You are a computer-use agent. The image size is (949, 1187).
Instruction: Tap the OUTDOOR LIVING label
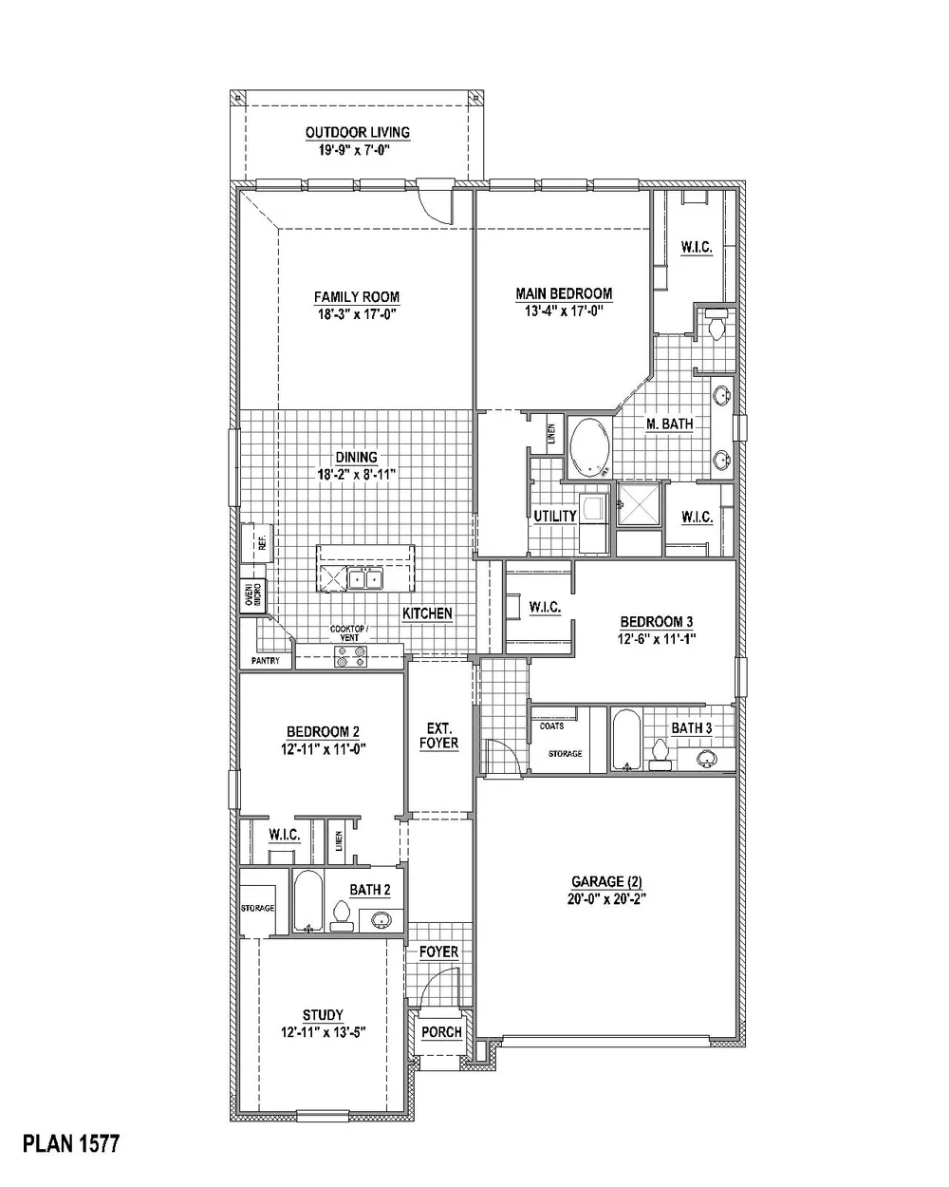coord(358,132)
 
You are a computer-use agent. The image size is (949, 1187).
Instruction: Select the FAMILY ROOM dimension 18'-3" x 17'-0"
coord(358,314)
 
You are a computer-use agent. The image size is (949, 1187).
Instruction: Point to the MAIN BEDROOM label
coord(564,293)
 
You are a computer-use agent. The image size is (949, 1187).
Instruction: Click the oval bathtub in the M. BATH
coord(589,447)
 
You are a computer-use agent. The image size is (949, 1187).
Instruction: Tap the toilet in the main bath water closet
coord(717,326)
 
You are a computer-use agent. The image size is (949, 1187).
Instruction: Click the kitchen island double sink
coord(365,579)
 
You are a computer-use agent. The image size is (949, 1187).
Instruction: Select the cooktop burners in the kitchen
coord(350,656)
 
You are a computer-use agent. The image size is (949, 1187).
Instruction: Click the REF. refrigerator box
coord(257,542)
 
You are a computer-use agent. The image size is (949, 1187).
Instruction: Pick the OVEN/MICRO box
coord(253,594)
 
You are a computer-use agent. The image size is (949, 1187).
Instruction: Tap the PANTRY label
coord(265,660)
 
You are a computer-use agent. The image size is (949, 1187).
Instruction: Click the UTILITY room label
coord(555,517)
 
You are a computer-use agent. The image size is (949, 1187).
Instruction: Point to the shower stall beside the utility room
coord(638,504)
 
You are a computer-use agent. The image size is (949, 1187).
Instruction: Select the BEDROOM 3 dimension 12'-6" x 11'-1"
coord(656,639)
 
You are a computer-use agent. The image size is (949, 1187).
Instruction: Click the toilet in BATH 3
coord(660,756)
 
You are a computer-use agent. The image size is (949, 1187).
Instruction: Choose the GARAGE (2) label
coord(606,881)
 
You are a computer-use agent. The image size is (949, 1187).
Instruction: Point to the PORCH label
coord(441,1032)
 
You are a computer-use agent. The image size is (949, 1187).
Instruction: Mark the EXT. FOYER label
coord(439,735)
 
